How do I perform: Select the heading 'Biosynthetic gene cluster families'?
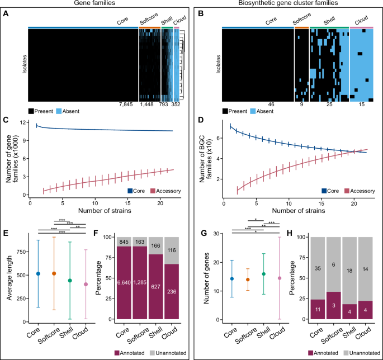point(286,4)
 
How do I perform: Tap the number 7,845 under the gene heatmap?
point(128,105)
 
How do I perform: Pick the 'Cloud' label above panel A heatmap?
point(179,22)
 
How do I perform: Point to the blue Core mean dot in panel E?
point(38,273)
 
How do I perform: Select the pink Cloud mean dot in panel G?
point(273,278)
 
